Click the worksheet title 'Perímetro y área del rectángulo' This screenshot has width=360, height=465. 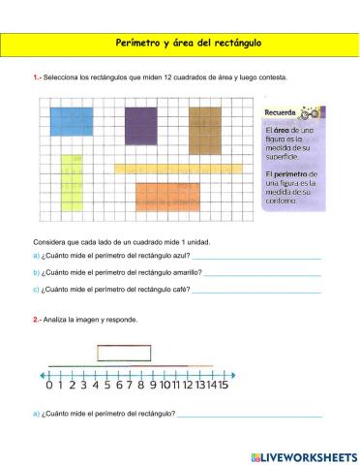[x=180, y=45]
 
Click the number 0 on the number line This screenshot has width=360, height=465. [x=48, y=385]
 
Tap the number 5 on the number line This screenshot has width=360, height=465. [x=107, y=385]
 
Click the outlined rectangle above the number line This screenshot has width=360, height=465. [x=123, y=353]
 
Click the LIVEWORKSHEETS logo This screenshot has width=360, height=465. [x=303, y=455]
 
